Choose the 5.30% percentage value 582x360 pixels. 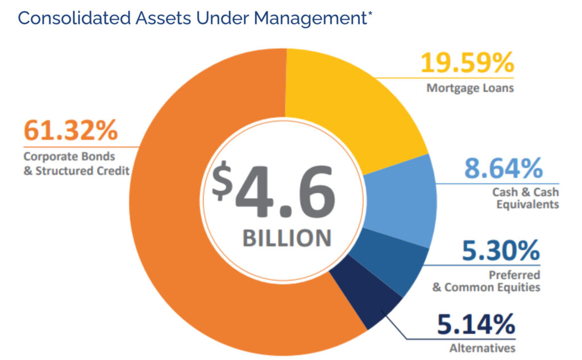pos(501,251)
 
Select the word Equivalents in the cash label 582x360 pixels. pos(527,204)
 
